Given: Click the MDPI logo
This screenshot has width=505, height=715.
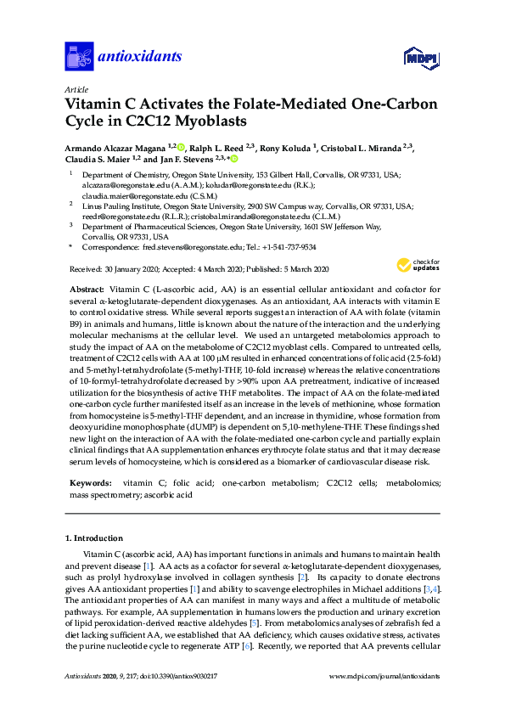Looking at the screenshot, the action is [x=424, y=58].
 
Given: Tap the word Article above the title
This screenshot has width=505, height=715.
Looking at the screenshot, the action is [x=76, y=89].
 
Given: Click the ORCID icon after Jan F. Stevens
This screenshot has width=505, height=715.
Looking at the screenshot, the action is [x=234, y=158].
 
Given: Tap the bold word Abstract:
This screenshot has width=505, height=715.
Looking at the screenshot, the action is [x=88, y=290].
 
